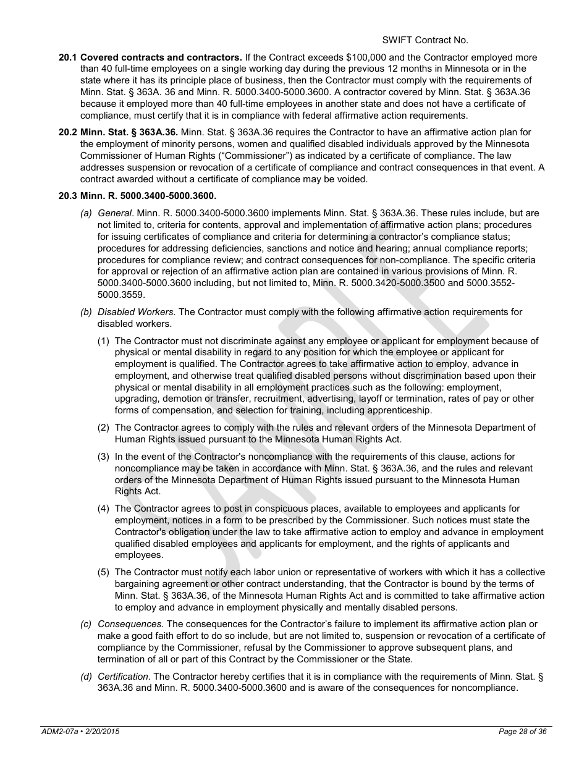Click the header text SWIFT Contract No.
pos(424,40)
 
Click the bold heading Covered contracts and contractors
pos(161,57)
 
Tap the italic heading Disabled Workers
pos(137,312)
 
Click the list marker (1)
pos(104,341)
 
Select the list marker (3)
pos(104,457)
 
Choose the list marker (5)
pos(104,572)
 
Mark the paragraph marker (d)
pos(87,677)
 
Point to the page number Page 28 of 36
pos(522,732)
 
